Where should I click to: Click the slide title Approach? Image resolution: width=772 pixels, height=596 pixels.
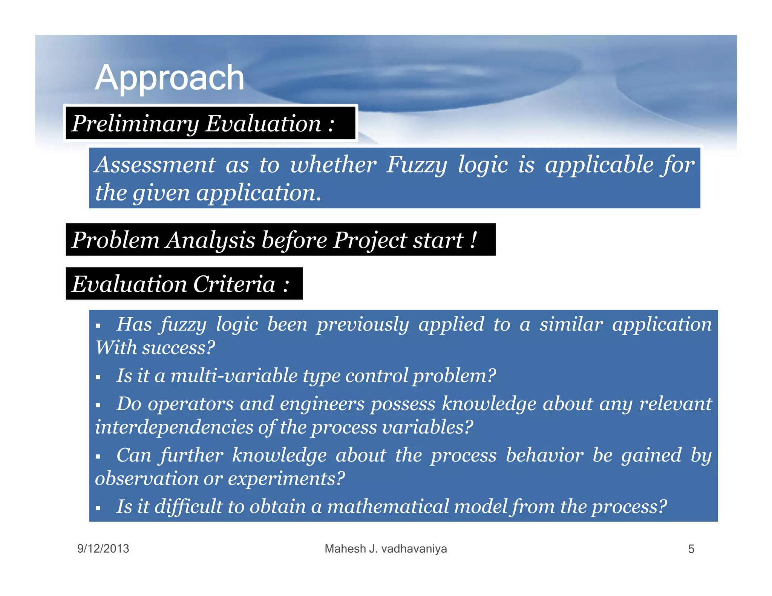(169, 78)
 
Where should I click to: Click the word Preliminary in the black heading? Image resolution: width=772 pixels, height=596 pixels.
(135, 124)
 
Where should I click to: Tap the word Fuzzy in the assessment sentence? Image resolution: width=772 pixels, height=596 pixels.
(417, 165)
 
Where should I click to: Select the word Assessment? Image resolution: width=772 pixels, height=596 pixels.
(155, 165)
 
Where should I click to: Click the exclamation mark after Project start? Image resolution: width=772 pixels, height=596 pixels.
(473, 240)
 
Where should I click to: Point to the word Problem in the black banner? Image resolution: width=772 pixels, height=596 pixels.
(115, 240)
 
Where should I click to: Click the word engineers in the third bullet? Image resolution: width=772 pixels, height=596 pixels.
(322, 404)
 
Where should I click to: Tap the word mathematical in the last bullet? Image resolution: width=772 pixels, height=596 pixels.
(388, 506)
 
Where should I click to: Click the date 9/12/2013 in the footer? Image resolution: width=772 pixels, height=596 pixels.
(103, 549)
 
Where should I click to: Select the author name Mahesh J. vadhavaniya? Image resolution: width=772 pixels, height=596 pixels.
(386, 549)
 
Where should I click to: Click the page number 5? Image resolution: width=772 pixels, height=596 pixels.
(691, 549)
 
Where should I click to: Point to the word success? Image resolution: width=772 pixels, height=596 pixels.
(178, 347)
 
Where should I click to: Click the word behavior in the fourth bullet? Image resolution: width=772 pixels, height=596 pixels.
(545, 455)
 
